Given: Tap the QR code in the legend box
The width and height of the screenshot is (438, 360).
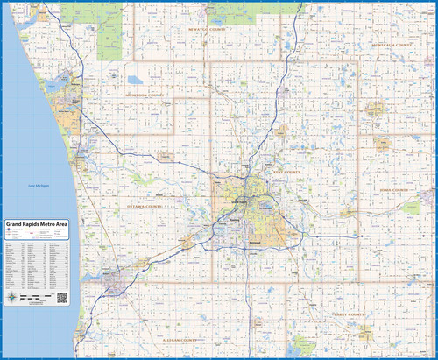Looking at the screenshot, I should [62, 297].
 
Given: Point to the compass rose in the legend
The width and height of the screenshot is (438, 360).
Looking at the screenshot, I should [11, 296].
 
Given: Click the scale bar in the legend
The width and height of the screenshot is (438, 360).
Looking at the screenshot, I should [34, 299].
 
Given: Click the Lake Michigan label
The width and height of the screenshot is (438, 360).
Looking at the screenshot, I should [38, 186].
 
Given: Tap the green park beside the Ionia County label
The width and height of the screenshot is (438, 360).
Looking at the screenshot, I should [411, 208].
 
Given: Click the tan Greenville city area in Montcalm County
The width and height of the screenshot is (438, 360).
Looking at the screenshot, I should [376, 109].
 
